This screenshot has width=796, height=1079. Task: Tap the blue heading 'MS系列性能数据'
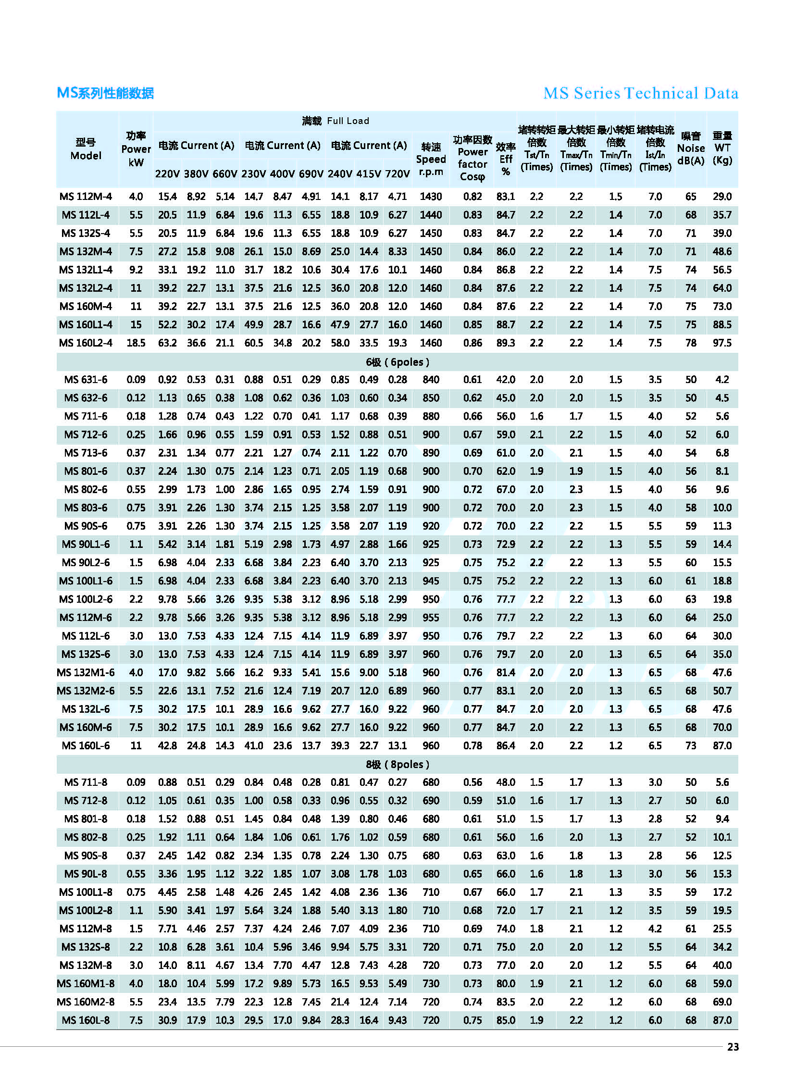105,93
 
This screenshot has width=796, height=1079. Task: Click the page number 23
733,1047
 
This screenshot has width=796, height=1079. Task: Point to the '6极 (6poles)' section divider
397,362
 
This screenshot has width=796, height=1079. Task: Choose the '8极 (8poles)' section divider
397,765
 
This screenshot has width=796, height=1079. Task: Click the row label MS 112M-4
86,197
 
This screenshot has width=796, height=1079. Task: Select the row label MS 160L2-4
86,343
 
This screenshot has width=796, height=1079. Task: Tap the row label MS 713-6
86,453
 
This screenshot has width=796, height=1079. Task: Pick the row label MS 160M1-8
86,984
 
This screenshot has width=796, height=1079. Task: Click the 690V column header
311,174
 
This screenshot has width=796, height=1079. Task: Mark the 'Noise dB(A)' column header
690,149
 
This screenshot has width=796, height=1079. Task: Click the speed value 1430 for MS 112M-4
431,197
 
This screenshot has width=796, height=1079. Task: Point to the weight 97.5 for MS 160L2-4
722,343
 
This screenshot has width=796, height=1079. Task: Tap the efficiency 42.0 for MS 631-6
506,380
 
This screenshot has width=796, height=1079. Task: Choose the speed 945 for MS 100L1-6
431,581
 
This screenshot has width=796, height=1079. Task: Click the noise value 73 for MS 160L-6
690,745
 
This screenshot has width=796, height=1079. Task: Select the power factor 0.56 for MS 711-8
472,782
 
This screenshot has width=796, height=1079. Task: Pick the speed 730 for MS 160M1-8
431,984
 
